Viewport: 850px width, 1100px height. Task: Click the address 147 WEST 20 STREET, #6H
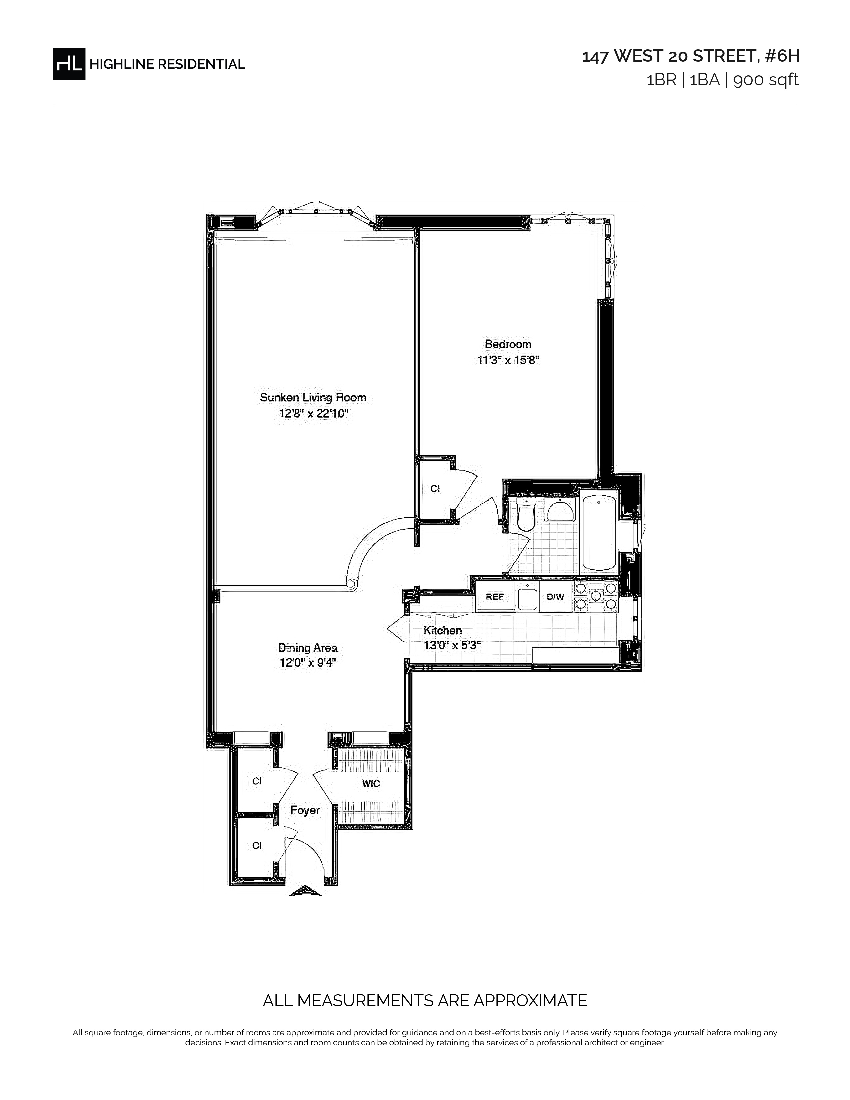[691, 56]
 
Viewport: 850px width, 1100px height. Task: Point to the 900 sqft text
[766, 80]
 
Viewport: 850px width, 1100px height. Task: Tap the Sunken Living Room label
[313, 397]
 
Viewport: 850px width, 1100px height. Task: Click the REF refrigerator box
[494, 596]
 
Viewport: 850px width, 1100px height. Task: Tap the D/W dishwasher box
[555, 596]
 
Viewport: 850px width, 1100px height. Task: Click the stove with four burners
[596, 596]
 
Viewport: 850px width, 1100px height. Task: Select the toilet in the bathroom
[526, 516]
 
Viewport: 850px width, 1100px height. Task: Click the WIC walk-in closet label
[371, 783]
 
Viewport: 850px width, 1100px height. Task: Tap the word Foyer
[305, 810]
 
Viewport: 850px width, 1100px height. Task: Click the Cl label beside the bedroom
[435, 488]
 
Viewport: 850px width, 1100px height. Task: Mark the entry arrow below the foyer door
[305, 890]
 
